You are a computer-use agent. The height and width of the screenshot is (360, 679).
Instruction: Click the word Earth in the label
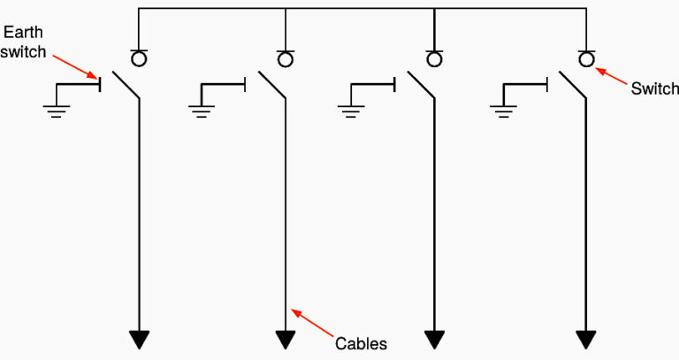[23, 32]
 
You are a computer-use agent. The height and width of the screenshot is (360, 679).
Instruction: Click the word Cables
[361, 343]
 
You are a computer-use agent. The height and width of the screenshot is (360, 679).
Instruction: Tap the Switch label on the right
[654, 88]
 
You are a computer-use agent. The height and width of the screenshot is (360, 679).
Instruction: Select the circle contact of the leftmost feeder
[139, 59]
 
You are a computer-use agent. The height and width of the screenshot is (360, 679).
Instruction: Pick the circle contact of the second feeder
[285, 59]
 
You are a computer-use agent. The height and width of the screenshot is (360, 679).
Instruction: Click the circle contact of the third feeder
[434, 59]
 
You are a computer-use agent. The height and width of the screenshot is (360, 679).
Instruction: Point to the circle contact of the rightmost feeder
[586, 59]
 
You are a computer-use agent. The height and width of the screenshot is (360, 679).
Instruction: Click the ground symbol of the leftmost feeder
[57, 111]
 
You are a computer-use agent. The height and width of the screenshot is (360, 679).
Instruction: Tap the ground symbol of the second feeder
[202, 111]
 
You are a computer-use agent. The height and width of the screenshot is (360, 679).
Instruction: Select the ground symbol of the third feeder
[351, 111]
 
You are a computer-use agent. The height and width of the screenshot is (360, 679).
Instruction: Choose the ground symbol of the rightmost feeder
[503, 111]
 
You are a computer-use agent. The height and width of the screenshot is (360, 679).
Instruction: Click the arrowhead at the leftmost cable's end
[139, 340]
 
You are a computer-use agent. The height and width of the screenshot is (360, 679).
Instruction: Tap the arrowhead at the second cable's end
[286, 340]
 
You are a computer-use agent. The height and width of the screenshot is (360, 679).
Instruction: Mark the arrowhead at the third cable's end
[434, 340]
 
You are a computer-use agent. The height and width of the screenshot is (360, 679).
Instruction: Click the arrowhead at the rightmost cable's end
[586, 340]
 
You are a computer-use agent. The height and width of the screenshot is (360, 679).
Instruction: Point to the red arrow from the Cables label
[312, 323]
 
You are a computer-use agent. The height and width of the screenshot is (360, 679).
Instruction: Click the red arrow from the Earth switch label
[76, 66]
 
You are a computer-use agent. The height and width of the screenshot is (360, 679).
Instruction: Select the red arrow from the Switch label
[611, 76]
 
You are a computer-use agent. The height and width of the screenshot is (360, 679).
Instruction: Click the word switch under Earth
[23, 51]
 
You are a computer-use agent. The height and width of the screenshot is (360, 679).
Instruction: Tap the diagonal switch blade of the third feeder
[421, 85]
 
